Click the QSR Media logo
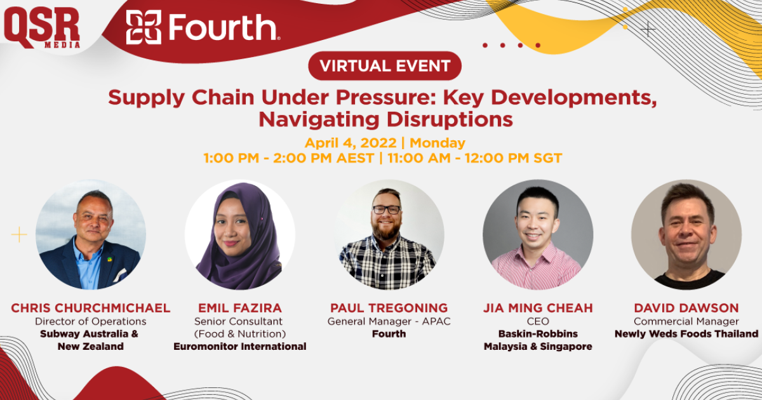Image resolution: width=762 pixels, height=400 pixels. point(42,28)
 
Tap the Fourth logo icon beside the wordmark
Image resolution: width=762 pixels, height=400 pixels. point(144,27)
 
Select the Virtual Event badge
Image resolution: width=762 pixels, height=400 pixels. point(385,65)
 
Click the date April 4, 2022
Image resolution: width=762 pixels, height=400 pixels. point(351,143)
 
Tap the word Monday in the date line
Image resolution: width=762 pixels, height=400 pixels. point(437,143)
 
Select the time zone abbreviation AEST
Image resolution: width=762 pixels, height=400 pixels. point(355,158)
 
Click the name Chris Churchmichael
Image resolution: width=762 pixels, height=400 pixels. point(90,308)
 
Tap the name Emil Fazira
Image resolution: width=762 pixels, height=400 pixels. point(240,308)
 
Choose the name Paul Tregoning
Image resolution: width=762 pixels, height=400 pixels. point(389,308)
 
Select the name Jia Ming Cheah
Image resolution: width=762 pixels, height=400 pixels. point(538,308)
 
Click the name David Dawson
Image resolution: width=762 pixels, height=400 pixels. point(686,308)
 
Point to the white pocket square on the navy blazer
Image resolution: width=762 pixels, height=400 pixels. point(119,276)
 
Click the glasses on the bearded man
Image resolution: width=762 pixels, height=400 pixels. point(387,210)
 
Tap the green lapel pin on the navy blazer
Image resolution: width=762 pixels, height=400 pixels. point(109,260)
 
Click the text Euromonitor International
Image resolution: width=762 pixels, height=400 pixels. point(240,347)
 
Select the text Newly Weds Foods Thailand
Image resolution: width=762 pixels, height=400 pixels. point(686,334)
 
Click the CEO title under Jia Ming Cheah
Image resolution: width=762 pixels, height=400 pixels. point(538,321)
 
